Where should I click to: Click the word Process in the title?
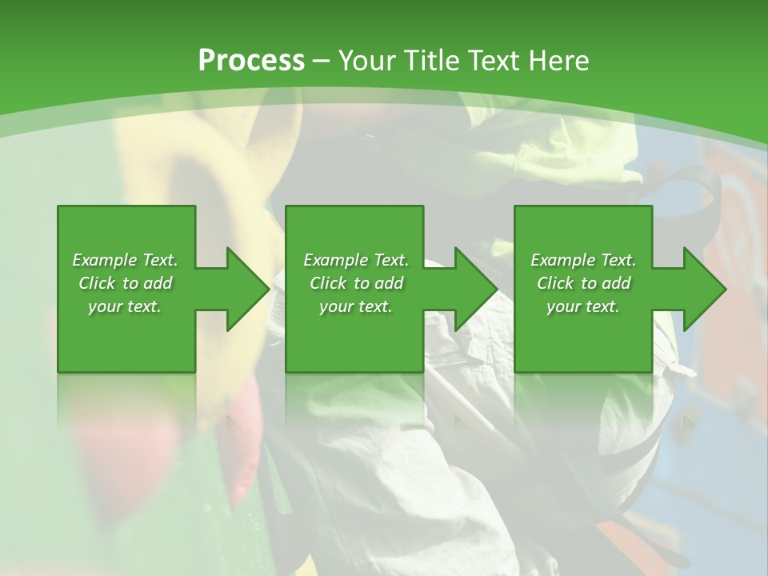(251, 61)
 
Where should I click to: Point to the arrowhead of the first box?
(248, 289)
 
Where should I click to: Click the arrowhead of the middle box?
(476, 289)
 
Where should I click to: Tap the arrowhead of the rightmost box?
(705, 289)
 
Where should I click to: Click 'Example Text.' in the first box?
(125, 260)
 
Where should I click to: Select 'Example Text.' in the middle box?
(356, 260)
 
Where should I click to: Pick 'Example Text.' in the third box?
(583, 260)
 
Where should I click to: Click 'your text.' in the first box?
(125, 306)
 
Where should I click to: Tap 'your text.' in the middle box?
(356, 306)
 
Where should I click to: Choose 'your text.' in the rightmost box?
(583, 306)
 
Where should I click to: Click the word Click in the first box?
(98, 283)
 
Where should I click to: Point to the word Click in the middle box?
(329, 283)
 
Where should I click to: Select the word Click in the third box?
(556, 283)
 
